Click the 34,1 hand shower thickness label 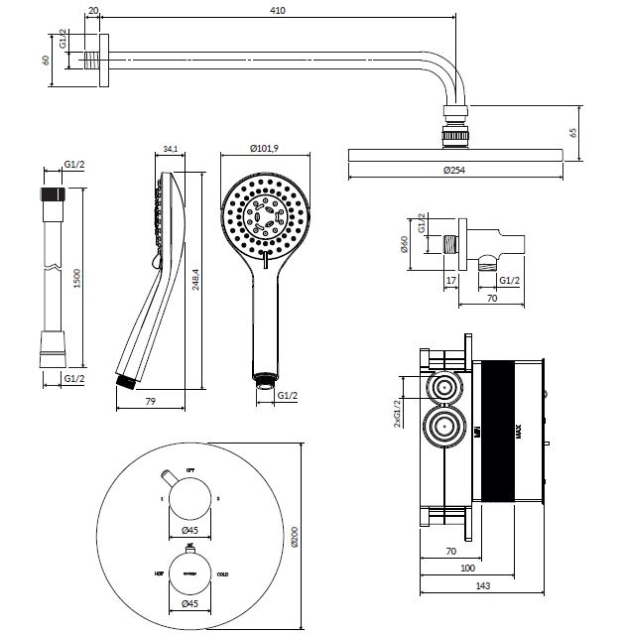point(169,151)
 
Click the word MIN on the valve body point(476,430)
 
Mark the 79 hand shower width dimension point(151,401)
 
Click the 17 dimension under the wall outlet point(450,280)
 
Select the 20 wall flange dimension point(92,10)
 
